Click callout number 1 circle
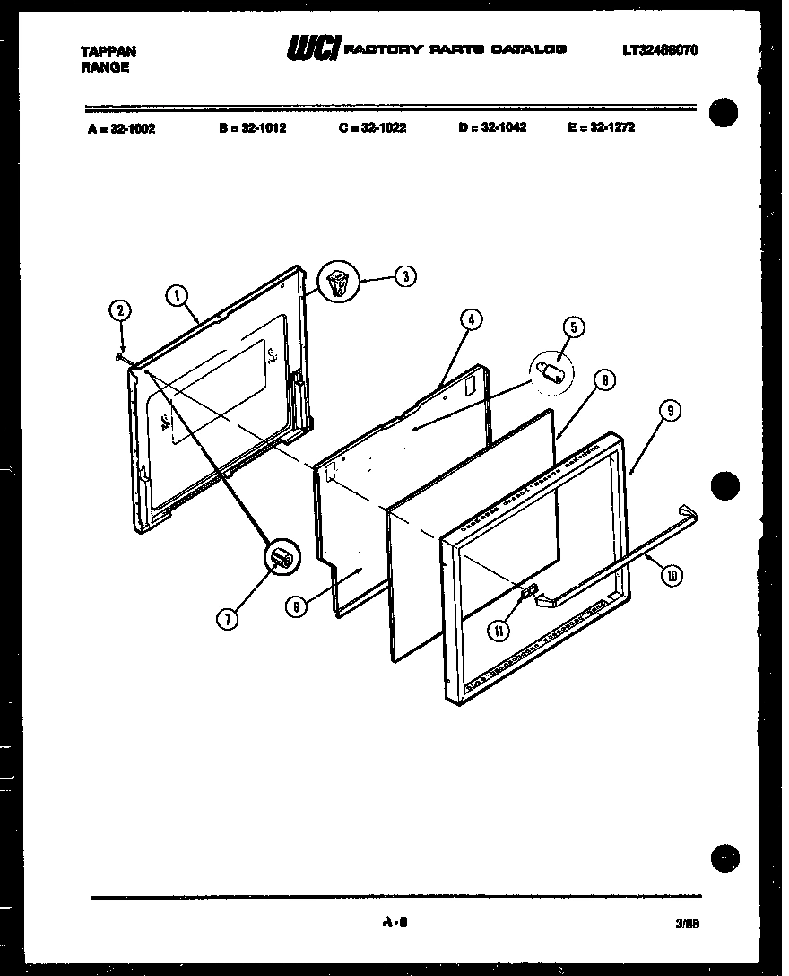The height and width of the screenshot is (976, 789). click(178, 295)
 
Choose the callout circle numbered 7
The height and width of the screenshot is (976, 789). click(230, 618)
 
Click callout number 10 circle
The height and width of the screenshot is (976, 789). click(670, 576)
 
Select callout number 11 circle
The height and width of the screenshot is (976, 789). click(499, 631)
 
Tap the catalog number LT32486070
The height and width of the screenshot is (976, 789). click(660, 51)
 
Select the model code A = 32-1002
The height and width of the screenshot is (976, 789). click(122, 128)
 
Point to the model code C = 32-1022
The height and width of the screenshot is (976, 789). click(372, 128)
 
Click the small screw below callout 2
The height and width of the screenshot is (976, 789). click(119, 356)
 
